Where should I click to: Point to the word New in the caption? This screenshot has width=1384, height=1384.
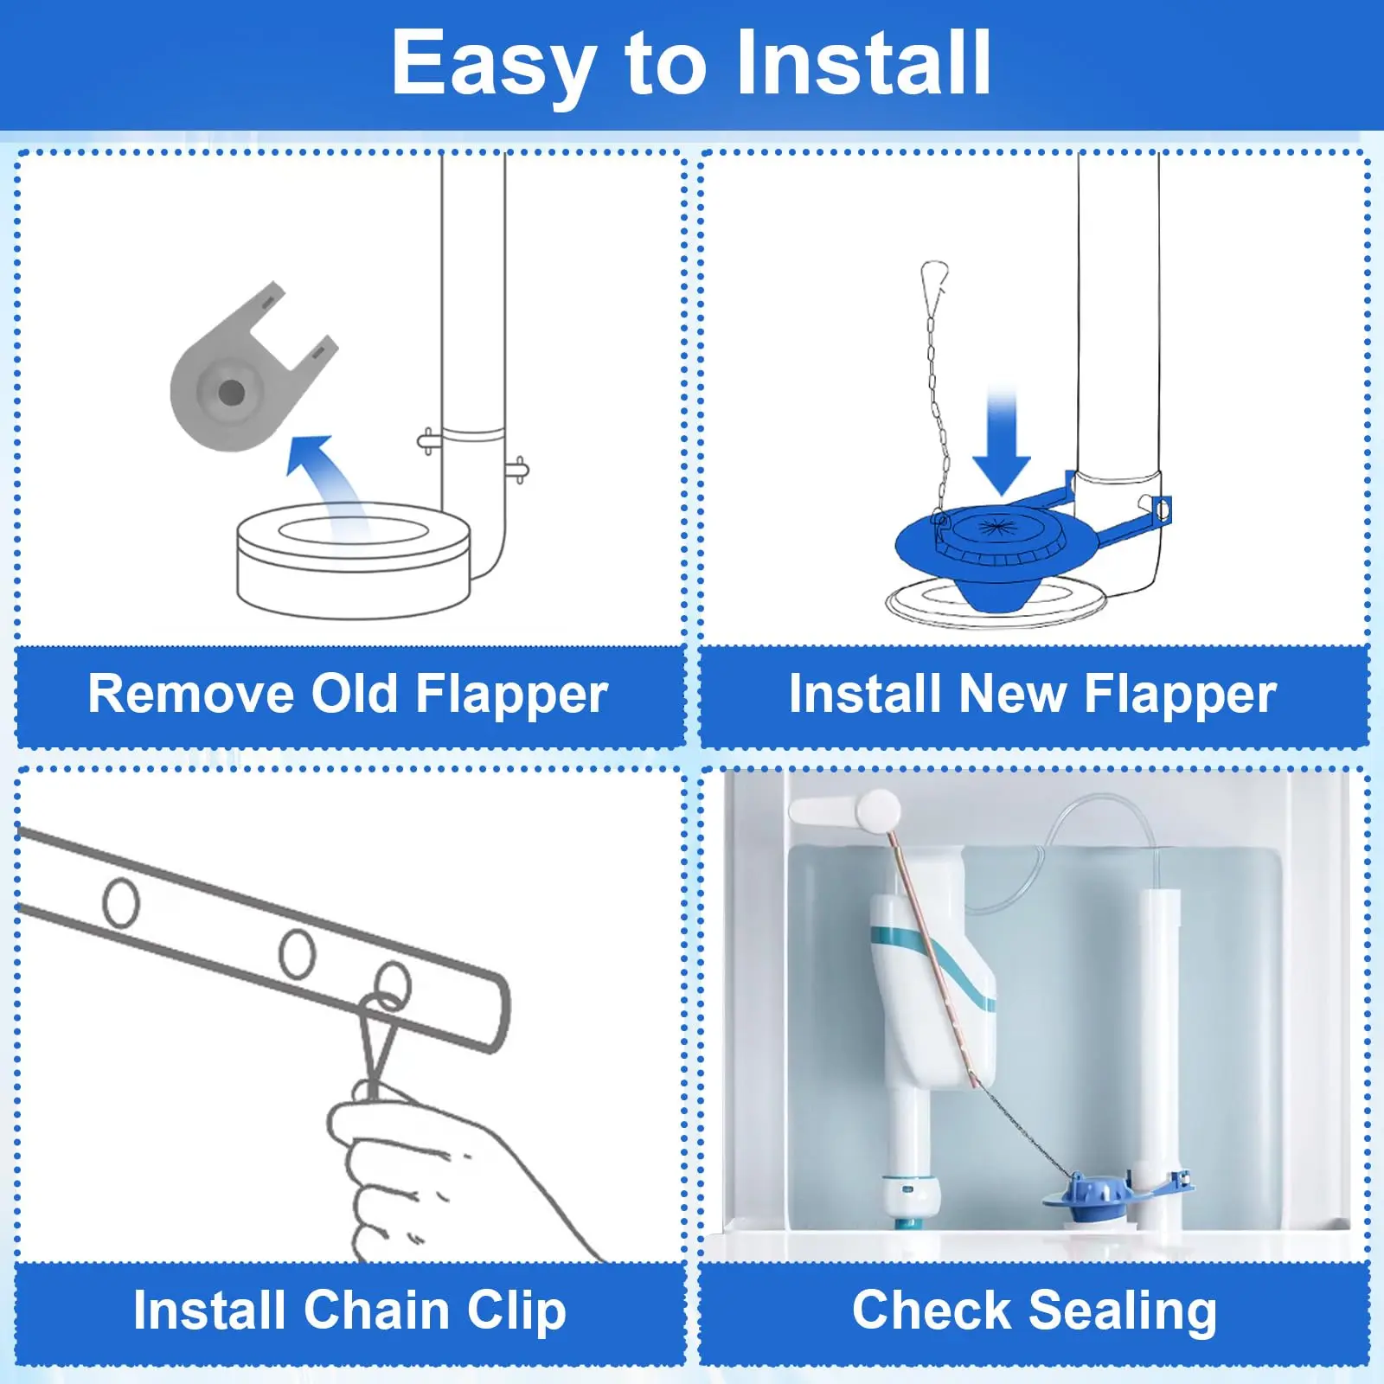(1012, 694)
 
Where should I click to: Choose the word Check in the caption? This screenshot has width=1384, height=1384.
(932, 1310)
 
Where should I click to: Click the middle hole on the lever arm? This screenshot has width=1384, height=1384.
(298, 953)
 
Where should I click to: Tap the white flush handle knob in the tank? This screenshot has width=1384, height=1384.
(878, 811)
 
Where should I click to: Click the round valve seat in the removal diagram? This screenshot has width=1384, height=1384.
(354, 559)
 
